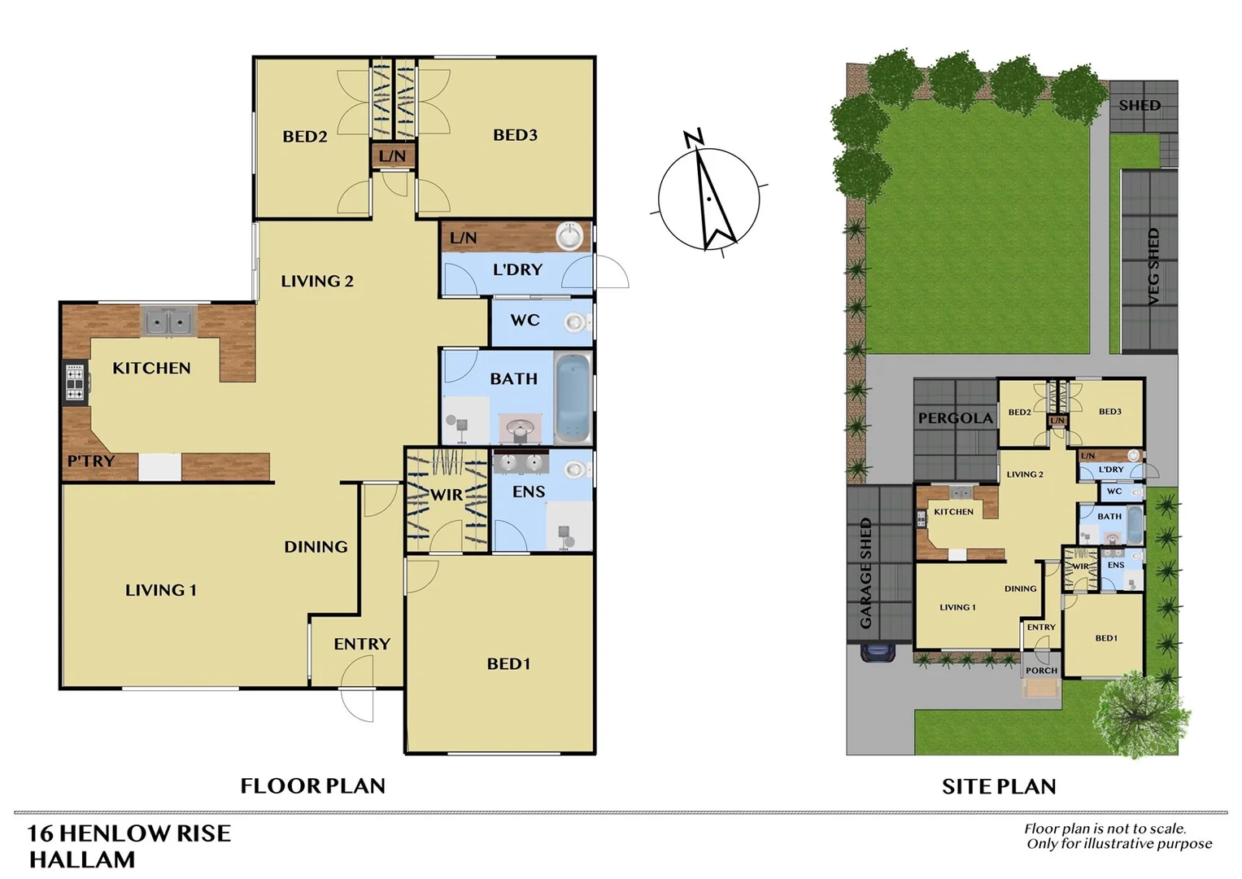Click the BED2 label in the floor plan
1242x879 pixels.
point(305,137)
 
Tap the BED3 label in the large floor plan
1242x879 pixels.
point(515,135)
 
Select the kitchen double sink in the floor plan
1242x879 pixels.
point(169,322)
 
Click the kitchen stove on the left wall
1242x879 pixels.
point(75,383)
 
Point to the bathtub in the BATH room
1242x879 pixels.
point(573,397)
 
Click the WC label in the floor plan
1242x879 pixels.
point(525,321)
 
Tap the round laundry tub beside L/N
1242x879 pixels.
point(571,237)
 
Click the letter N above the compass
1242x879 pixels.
point(692,138)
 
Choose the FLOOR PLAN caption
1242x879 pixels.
point(312,786)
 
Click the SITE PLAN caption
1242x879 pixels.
point(999,787)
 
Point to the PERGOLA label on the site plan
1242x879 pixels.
point(956,418)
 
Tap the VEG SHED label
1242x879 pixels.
point(1153,267)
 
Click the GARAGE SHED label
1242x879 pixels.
point(865,573)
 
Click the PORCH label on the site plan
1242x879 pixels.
point(1041,671)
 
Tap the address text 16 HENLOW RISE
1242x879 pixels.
point(129,833)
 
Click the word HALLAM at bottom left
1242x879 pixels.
point(82,859)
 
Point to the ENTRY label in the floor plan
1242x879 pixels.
point(362,644)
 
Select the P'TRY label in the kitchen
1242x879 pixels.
point(90,461)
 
